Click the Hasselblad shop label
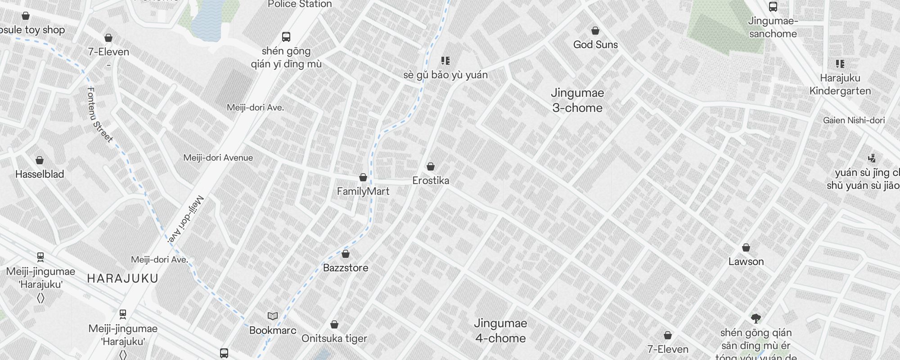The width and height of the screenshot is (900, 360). (40, 174)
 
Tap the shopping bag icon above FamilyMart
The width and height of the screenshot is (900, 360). (363, 177)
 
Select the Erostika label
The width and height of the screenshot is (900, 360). (431, 180)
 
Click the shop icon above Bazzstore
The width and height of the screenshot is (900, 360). (346, 254)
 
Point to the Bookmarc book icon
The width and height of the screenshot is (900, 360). (273, 316)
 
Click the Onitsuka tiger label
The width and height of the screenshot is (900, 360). (334, 338)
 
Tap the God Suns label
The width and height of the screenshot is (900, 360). (595, 45)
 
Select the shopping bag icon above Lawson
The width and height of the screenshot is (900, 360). (746, 247)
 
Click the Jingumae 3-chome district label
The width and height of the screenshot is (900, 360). (577, 100)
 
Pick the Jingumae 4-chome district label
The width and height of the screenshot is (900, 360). (500, 331)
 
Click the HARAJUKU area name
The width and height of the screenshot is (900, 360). (123, 279)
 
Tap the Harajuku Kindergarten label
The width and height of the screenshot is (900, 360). (840, 85)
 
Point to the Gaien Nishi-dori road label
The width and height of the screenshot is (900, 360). (854, 120)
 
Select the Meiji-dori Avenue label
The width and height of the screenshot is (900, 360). (218, 158)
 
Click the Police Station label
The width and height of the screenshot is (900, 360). (300, 4)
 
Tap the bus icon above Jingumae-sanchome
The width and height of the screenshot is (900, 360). (773, 6)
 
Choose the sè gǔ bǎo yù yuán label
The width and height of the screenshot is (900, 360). (445, 75)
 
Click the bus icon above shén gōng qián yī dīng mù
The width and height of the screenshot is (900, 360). (286, 36)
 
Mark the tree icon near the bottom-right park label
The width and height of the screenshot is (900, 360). (756, 319)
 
